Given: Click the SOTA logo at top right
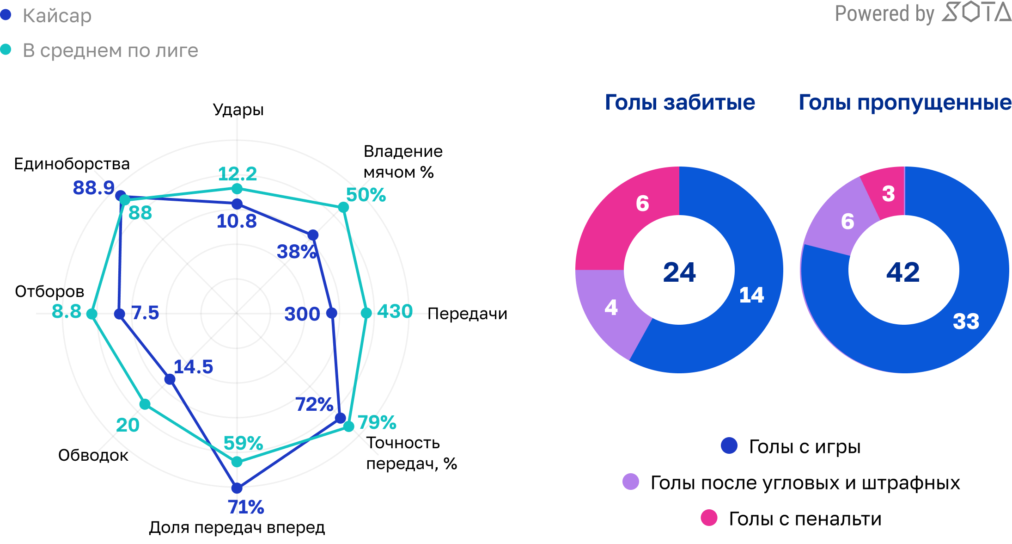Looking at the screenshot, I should (976, 12).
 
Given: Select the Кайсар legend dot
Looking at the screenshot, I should (6, 15).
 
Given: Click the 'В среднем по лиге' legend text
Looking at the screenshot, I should (110, 50).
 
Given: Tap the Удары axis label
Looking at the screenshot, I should (238, 110).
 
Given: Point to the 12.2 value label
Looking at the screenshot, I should (237, 174).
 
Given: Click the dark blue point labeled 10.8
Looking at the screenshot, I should (237, 204).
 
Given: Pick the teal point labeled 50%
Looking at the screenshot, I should (343, 207).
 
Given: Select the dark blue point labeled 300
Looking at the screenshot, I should (332, 313).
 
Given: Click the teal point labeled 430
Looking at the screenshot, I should (366, 313).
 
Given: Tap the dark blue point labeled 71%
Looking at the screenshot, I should (237, 488).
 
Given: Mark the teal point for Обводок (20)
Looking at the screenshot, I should (145, 404).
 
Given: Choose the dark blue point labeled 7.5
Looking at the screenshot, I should (120, 314).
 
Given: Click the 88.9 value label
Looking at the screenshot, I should (93, 188).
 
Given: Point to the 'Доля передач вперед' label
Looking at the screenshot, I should (237, 527).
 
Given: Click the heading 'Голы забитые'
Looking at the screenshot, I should (680, 102).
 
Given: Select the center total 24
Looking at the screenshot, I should (679, 272).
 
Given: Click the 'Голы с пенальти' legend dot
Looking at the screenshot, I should (709, 518).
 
